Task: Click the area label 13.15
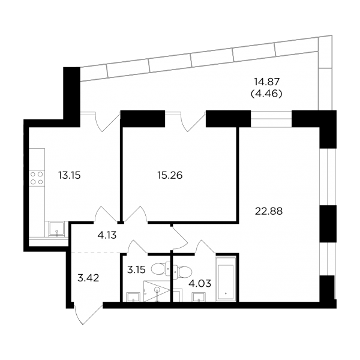click(70, 176)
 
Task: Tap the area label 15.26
click(170, 176)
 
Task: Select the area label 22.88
click(269, 211)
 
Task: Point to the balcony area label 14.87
click(266, 81)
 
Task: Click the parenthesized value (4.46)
click(266, 94)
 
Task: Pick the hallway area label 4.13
click(107, 235)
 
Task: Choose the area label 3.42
click(88, 278)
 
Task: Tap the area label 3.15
click(136, 270)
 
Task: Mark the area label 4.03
click(200, 284)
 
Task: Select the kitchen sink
click(56, 229)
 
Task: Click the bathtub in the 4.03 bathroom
click(226, 280)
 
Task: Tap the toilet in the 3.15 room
click(161, 269)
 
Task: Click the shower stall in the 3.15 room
click(157, 291)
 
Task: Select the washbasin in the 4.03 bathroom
click(199, 297)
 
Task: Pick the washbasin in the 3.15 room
click(133, 297)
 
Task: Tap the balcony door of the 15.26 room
click(186, 121)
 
